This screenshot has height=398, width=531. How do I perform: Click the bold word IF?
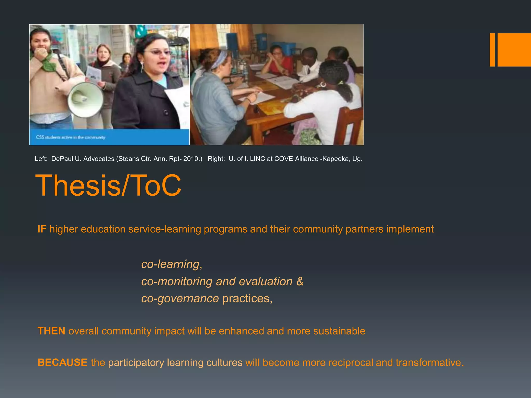[42, 229]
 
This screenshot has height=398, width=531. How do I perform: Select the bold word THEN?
[51, 331]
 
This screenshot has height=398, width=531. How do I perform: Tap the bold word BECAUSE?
[62, 362]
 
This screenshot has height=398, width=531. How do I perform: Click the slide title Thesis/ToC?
[108, 185]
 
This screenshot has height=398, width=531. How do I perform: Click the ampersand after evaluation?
[300, 281]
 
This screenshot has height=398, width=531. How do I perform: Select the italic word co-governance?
[180, 298]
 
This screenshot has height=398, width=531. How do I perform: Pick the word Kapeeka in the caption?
[336, 159]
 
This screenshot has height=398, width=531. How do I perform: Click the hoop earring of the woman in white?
[323, 84]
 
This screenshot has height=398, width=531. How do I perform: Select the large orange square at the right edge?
[514, 50]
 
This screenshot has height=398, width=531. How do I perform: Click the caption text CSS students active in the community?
[71, 137]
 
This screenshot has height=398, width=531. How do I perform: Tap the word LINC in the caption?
[257, 159]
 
